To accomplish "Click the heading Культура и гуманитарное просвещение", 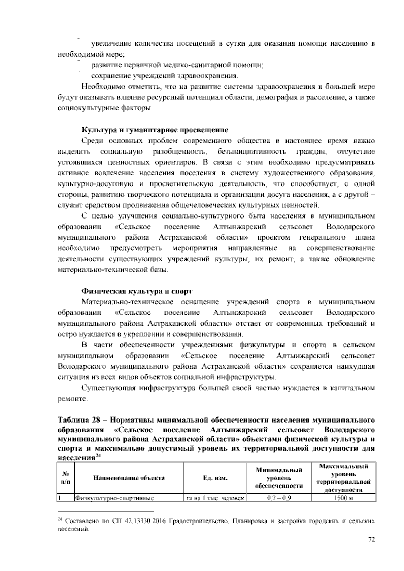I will coord(155,130).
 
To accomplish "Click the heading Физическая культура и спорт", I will coord(137,291).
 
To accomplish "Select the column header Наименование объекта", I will coord(129,478).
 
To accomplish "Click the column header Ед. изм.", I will coord(215,478).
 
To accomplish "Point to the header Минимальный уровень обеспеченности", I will coord(279,478).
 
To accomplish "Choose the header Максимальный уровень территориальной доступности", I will coord(343,478).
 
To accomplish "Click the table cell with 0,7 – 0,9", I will coord(279,498).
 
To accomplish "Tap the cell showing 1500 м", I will coord(343,498).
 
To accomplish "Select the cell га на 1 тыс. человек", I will coord(215,498).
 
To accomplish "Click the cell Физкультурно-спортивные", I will coord(114,498).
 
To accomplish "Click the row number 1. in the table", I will coord(60,498).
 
